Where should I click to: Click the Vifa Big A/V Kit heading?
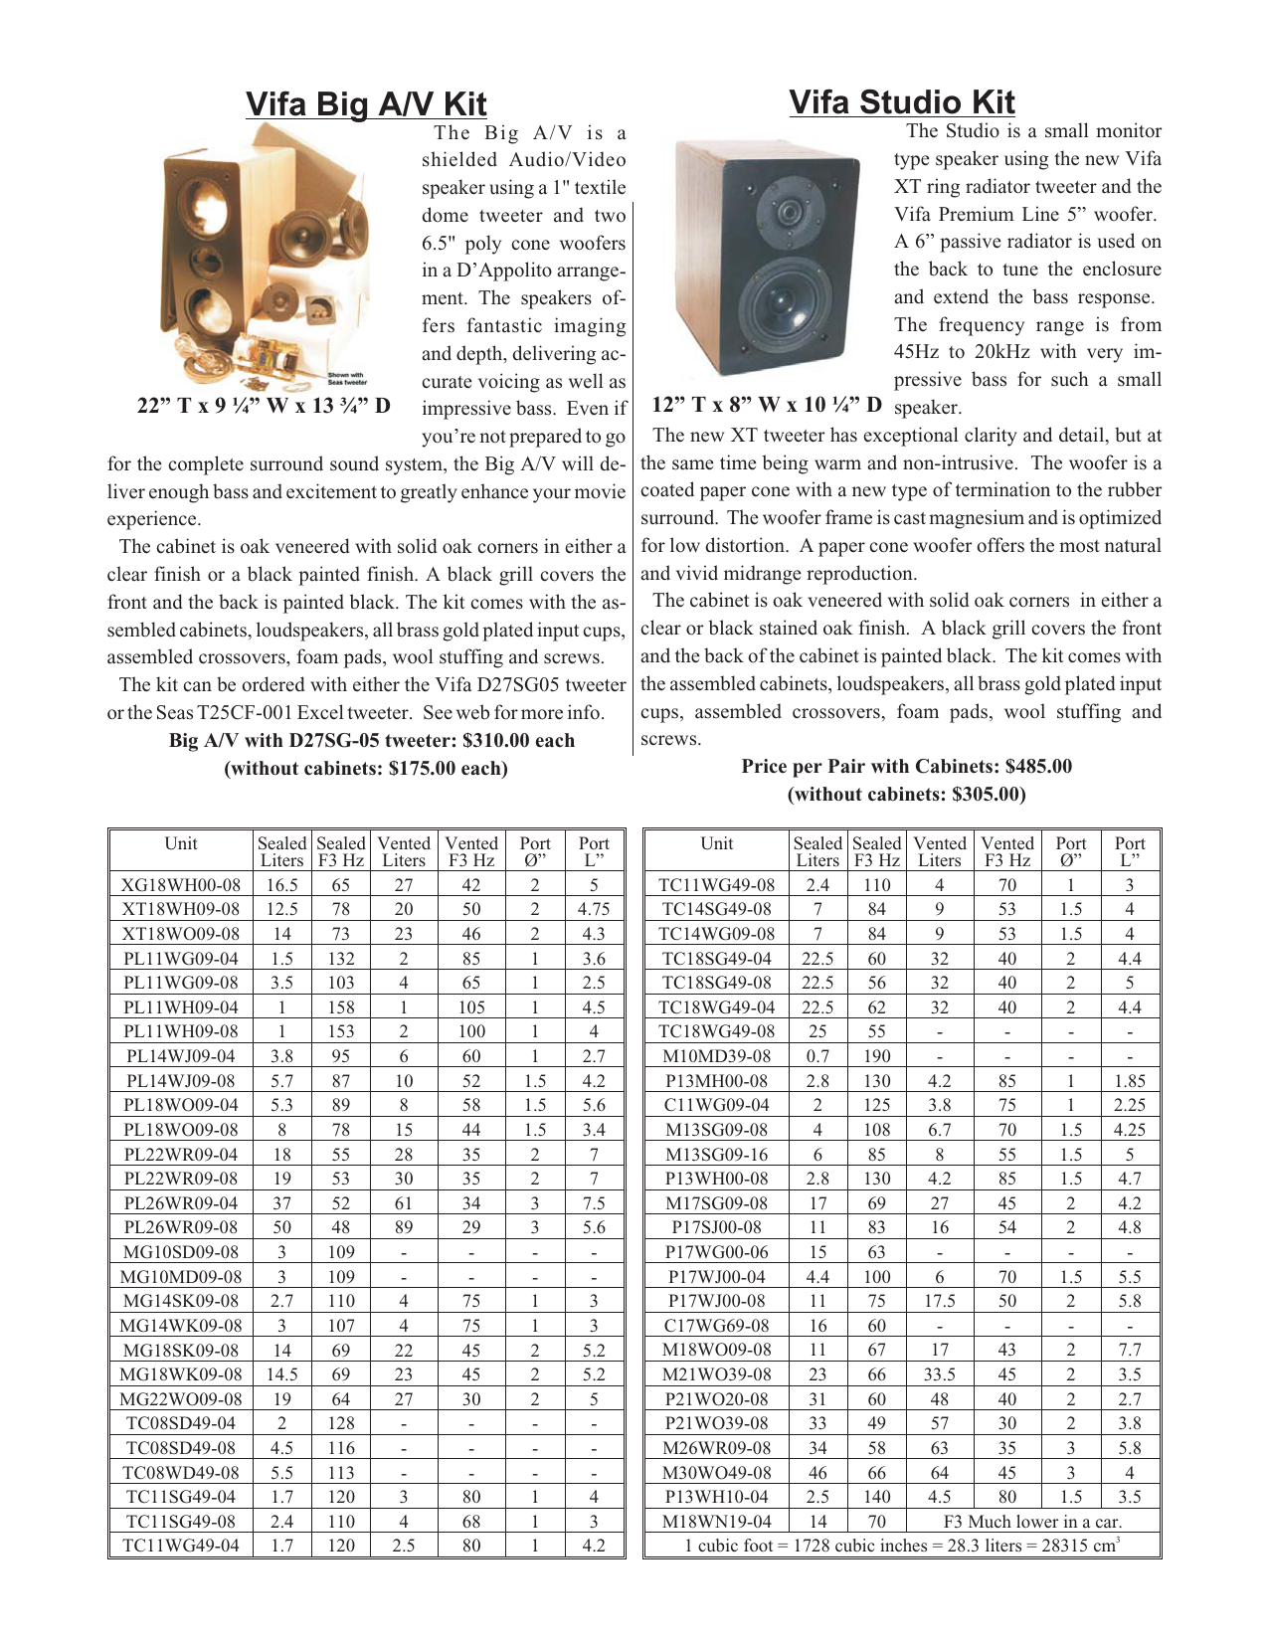[x=366, y=104]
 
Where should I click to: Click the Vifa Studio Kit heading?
[x=901, y=102]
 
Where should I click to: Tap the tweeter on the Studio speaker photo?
[x=787, y=212]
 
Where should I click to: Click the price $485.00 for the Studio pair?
[x=1038, y=766]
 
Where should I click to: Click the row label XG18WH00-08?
[x=181, y=884]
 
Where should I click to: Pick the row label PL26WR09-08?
[x=181, y=1227]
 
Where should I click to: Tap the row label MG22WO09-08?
[x=181, y=1398]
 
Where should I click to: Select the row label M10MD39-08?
[x=716, y=1056]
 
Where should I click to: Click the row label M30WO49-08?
[x=716, y=1472]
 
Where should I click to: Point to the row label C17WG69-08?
[x=716, y=1325]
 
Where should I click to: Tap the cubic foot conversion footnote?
[x=902, y=1546]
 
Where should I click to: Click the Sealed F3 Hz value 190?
[x=876, y=1056]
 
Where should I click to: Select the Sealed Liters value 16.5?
[x=282, y=884]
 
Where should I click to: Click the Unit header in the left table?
[x=181, y=843]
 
